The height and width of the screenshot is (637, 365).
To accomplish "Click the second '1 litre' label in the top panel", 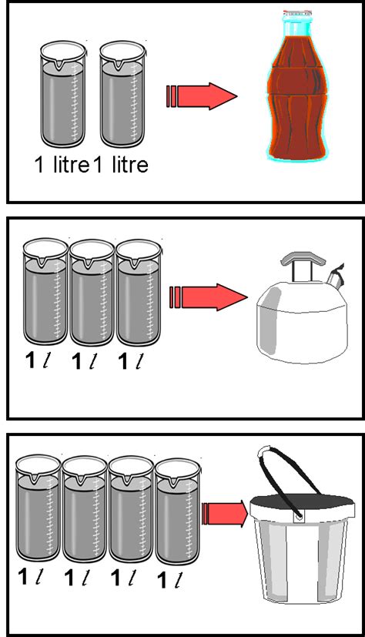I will [120, 165].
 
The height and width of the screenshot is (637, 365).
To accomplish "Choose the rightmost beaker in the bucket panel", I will [177, 516].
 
